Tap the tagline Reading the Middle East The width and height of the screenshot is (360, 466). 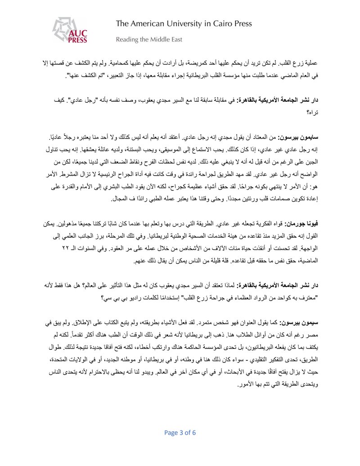coord(149,40)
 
